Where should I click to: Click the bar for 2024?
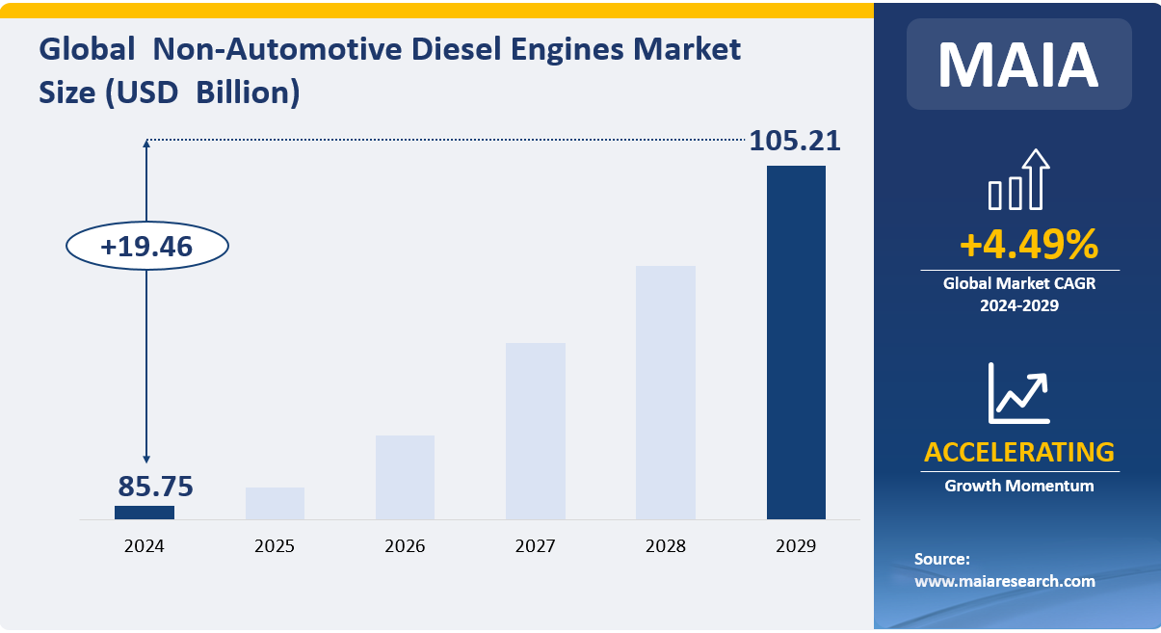tap(145, 512)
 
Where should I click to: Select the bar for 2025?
tap(275, 503)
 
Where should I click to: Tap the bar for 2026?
tap(405, 477)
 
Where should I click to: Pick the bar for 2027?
tap(536, 431)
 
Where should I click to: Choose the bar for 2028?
tap(666, 392)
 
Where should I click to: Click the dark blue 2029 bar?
tap(796, 342)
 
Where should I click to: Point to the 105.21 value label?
tap(795, 141)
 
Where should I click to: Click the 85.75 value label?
tap(155, 486)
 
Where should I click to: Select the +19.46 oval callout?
tap(146, 247)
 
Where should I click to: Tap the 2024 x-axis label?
tap(145, 546)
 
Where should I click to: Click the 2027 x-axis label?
tap(536, 546)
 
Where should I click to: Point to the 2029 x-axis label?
tap(796, 546)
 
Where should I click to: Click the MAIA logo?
tap(1018, 65)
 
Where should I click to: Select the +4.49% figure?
tap(1028, 245)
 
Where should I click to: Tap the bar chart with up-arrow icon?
tap(1018, 180)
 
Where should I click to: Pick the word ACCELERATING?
tap(1018, 451)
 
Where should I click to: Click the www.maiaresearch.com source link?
tap(1004, 581)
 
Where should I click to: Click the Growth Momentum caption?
tap(1018, 486)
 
